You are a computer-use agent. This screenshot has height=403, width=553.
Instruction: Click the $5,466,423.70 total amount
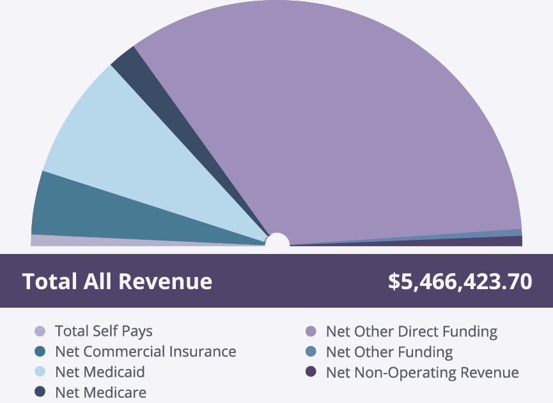coord(460,281)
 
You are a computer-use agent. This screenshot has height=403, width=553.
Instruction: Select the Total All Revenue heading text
coord(117,281)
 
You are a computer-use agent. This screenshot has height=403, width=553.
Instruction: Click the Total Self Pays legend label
coord(104,331)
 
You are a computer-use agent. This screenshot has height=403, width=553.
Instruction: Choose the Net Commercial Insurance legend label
coord(145,351)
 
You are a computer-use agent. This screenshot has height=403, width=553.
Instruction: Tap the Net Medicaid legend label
coord(100,372)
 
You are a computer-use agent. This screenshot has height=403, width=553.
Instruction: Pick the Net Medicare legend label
coord(100,392)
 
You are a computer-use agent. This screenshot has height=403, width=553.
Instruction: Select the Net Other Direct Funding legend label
coord(411,331)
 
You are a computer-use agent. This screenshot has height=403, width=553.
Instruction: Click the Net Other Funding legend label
coord(389,352)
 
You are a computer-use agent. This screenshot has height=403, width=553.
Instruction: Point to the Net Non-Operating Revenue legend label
coord(422,372)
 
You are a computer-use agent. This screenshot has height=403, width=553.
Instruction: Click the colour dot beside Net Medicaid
coord(40,372)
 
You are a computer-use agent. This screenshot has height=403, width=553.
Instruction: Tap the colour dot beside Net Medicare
coord(40,392)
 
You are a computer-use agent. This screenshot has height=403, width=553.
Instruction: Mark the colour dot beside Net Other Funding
coord(311,352)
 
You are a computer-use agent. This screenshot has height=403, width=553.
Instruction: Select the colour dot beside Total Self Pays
coord(40,331)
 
